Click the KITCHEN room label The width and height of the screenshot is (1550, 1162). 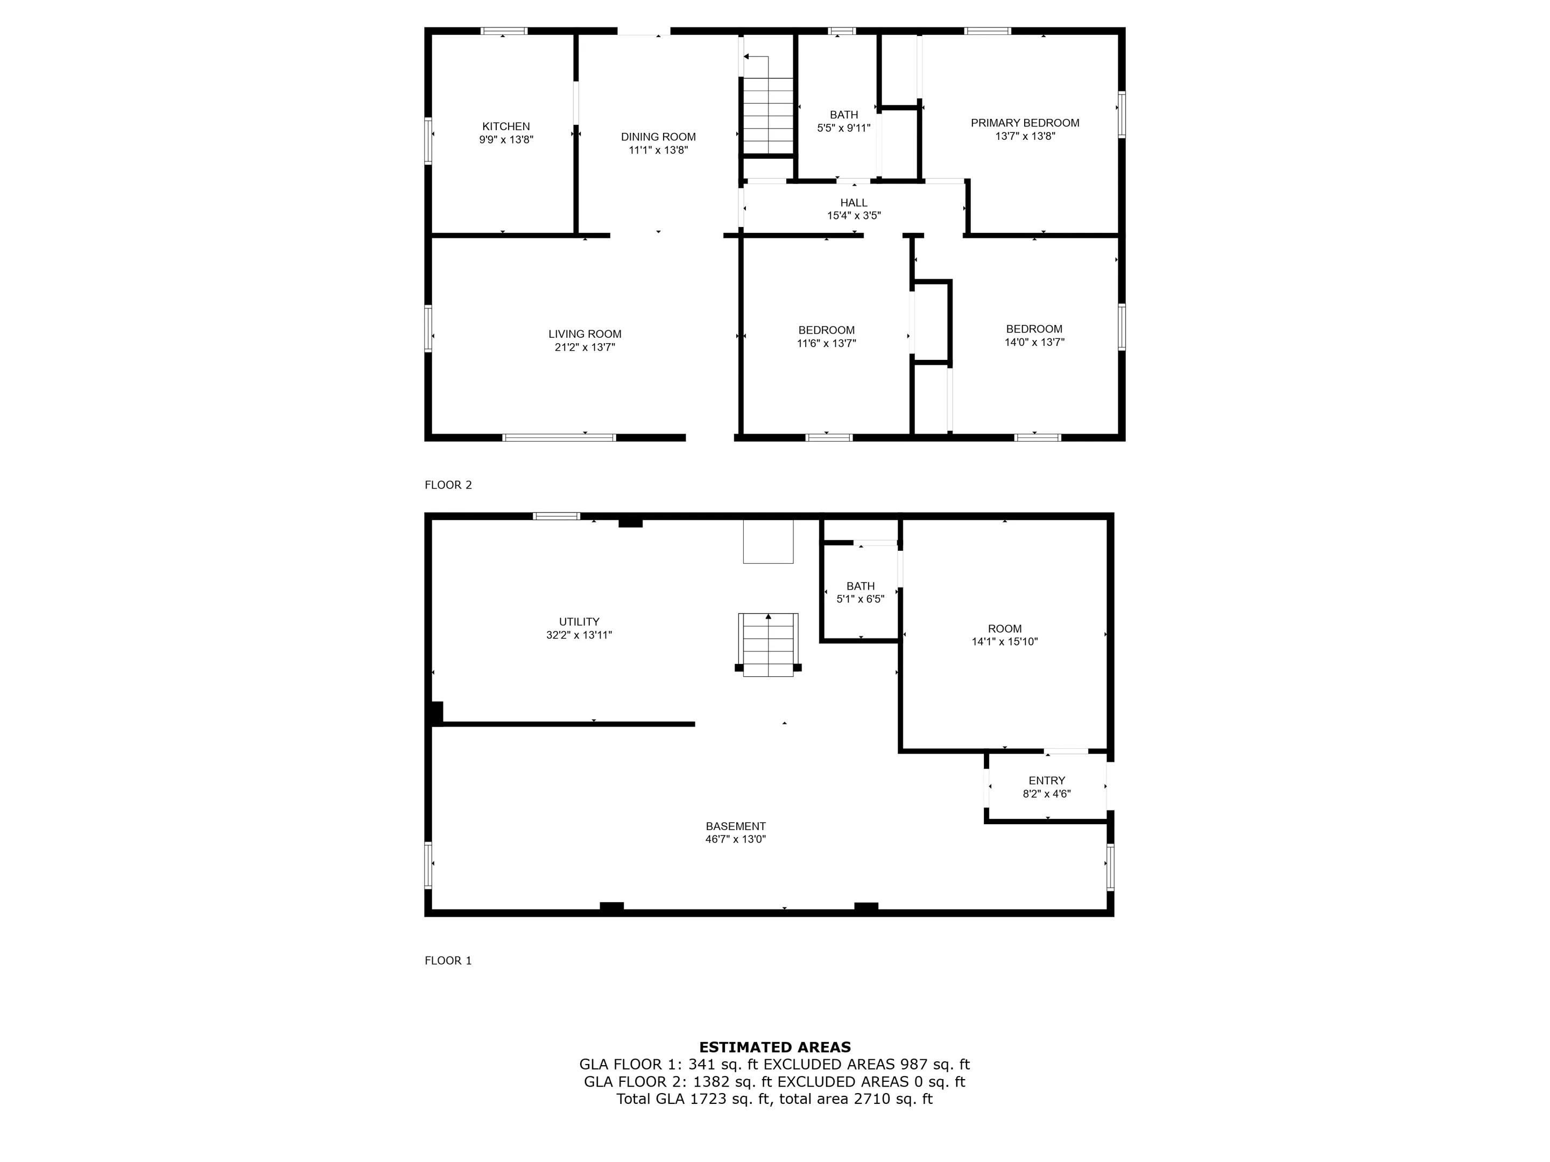[506, 126]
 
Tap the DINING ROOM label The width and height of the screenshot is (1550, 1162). [658, 137]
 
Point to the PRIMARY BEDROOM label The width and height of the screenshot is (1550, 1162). [1025, 123]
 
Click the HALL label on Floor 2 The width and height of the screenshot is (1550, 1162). [854, 202]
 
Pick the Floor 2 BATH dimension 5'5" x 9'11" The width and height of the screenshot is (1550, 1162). [844, 128]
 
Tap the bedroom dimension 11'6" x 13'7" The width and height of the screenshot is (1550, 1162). [826, 343]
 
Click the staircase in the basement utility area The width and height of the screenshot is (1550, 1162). [768, 644]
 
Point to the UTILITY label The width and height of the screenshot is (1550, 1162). [579, 621]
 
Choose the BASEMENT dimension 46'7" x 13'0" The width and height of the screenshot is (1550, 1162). [736, 839]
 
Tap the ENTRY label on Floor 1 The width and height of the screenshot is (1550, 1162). [1047, 780]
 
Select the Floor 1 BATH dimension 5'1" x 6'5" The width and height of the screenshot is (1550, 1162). [861, 599]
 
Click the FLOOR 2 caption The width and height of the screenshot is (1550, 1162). [448, 485]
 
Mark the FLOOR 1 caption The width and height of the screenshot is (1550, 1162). [448, 960]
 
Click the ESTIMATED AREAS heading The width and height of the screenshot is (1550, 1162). [775, 1047]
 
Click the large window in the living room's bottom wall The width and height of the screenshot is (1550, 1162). [559, 438]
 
